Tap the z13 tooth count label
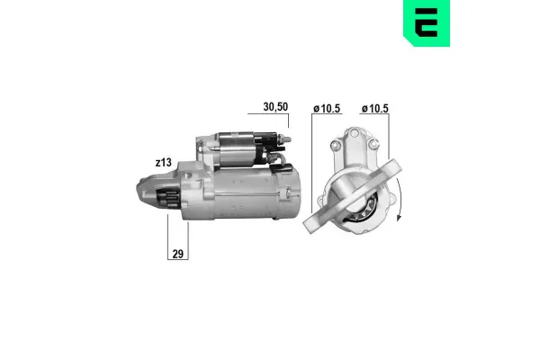(163, 162)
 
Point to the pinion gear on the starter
(166, 200)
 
